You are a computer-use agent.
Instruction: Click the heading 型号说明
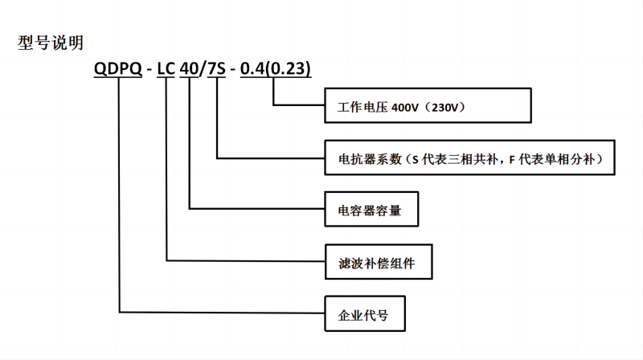50,43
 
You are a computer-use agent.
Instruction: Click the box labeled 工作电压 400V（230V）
428,105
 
